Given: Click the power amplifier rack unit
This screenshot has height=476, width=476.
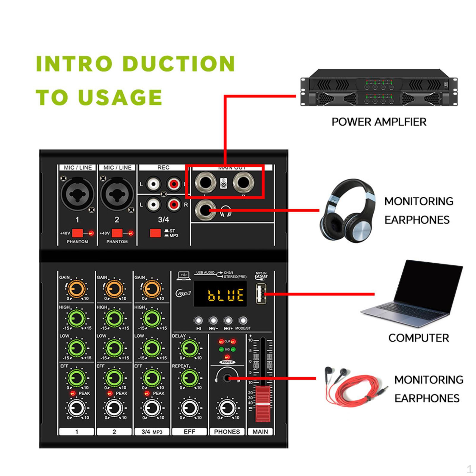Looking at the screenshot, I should (x=379, y=88).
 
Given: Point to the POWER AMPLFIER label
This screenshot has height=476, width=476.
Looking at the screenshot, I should (x=379, y=122).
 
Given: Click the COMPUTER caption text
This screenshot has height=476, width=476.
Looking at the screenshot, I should (x=418, y=338).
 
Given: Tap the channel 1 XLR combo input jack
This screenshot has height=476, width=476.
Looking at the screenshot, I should (x=77, y=194).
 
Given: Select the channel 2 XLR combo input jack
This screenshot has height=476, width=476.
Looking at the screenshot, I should (x=117, y=194).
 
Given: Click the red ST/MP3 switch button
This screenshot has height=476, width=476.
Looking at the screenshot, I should (x=155, y=233).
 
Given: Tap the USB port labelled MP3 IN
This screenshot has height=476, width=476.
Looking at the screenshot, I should (x=261, y=294).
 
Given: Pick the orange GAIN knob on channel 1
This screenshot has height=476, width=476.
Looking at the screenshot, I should (x=77, y=289).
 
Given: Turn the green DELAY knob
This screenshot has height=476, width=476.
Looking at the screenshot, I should (x=190, y=349).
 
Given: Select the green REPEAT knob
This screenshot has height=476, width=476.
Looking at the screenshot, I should (x=190, y=378).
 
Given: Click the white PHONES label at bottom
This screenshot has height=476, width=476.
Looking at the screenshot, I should (x=227, y=432).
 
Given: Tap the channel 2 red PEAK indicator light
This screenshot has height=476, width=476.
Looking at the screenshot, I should (x=110, y=393).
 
